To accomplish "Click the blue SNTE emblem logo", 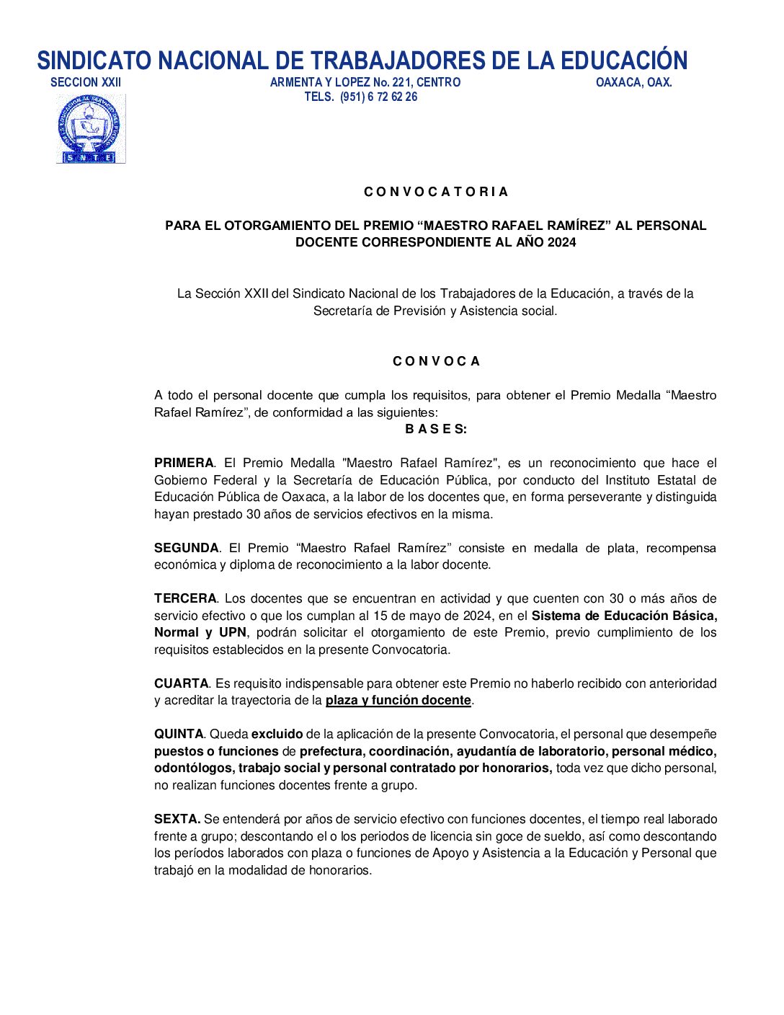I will point(91,129).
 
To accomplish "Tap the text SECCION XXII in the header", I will point(86,82).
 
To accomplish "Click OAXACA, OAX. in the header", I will point(633,82).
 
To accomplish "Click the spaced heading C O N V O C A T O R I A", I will point(435,192).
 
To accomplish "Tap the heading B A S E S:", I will point(435,429).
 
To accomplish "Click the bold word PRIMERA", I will point(184,463).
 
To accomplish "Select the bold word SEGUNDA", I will point(186,548).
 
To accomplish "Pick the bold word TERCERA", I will point(185,598).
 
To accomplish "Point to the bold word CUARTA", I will point(181,683).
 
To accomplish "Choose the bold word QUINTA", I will point(179,734).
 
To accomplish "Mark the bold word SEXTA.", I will point(177,819).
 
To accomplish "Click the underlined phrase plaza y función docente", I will point(398,700).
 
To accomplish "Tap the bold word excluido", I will point(277,734).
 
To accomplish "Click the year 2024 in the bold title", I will point(561,242).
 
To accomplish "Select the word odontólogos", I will point(193,768).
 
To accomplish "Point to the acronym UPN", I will point(232,632).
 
